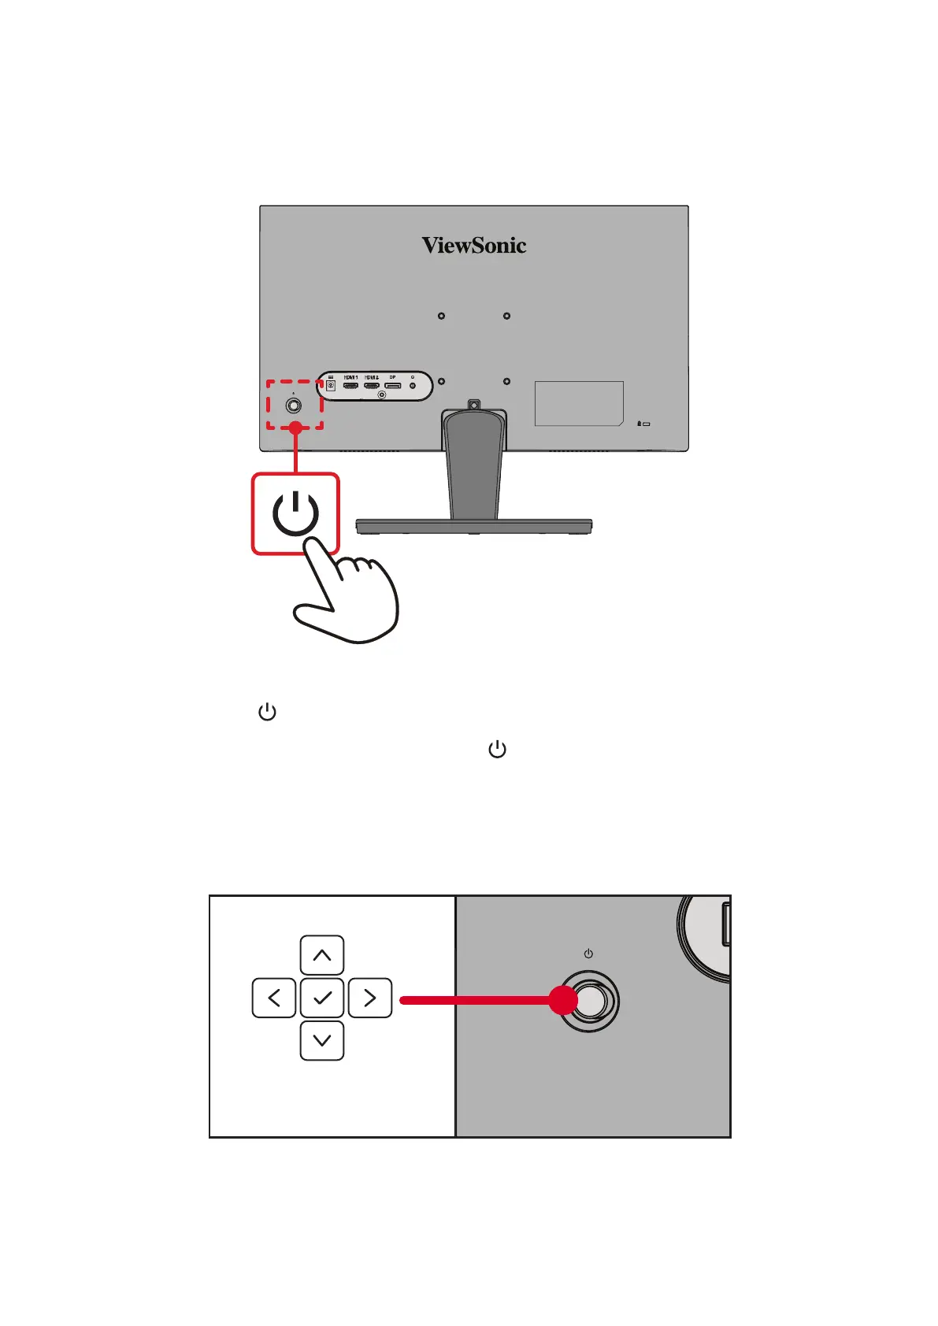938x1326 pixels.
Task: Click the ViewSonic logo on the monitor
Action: (x=473, y=246)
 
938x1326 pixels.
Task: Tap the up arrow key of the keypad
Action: (x=322, y=955)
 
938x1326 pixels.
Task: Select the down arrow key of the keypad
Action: (x=322, y=1040)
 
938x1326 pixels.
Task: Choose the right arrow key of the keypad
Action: (x=370, y=998)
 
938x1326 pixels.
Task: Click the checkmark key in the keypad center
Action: (x=322, y=998)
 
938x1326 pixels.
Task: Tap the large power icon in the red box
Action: (x=295, y=513)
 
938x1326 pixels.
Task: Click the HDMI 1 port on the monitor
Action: (x=351, y=386)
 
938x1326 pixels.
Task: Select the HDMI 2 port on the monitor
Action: (x=372, y=386)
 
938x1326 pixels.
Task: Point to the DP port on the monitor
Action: (x=392, y=386)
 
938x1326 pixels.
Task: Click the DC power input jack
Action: (x=331, y=386)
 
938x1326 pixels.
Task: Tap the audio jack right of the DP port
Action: (x=413, y=386)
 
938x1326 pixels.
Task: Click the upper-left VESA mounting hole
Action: (x=441, y=316)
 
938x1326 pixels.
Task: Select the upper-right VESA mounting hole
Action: (x=506, y=316)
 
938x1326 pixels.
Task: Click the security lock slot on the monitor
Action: (x=645, y=424)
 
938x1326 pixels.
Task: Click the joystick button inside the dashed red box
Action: (x=294, y=406)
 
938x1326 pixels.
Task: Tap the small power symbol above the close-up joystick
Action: (x=588, y=954)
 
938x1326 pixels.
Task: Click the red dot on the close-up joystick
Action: (x=563, y=1000)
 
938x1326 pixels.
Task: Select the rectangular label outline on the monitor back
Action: (x=579, y=403)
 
